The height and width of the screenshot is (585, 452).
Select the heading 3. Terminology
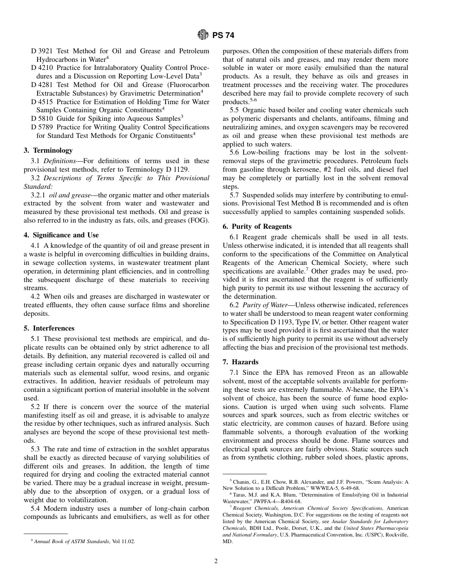(48, 150)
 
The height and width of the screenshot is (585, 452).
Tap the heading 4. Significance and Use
(61, 235)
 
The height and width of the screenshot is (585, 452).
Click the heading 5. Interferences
(49, 328)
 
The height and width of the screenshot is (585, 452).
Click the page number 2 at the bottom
(216, 561)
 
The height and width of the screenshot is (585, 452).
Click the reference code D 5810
(41, 118)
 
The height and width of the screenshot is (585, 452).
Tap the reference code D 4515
(41, 102)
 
